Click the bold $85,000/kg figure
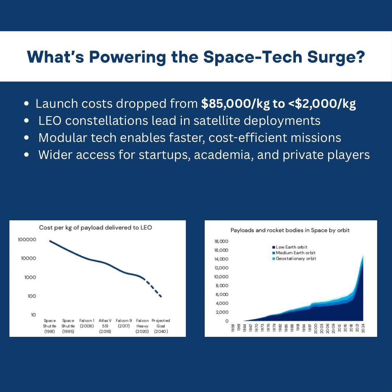click(236, 104)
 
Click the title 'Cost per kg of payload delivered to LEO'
click(95, 228)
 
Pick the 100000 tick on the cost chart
click(27, 240)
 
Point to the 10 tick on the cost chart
click(33, 315)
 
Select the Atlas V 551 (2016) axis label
click(105, 326)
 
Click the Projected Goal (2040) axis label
click(160, 326)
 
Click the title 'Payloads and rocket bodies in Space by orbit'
click(290, 230)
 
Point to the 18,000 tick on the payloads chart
click(221, 241)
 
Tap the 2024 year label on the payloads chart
click(363, 328)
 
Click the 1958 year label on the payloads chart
click(232, 328)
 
